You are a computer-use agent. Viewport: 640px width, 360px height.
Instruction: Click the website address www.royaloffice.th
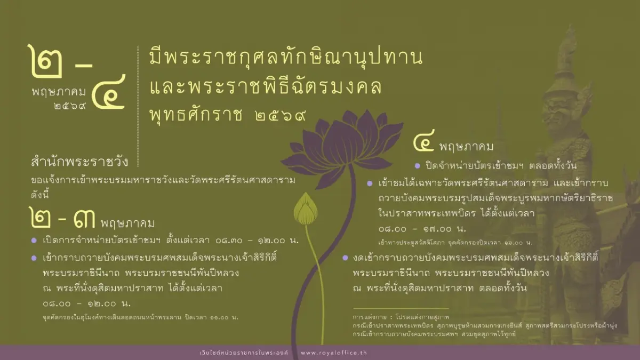(x=333, y=353)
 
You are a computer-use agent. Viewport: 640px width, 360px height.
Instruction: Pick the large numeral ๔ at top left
(x=109, y=91)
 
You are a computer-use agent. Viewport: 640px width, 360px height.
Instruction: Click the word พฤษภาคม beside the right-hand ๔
(x=466, y=146)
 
